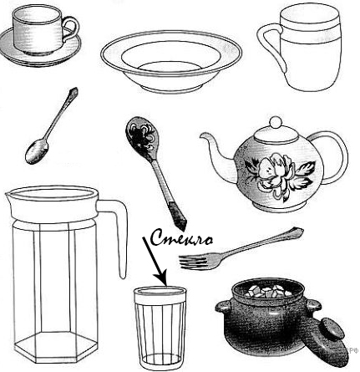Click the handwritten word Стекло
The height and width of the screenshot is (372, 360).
pos(182,238)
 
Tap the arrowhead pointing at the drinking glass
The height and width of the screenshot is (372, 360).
pos(161,279)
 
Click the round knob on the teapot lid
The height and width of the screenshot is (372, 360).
pos(276,122)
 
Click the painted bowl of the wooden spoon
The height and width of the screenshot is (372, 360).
pos(140,136)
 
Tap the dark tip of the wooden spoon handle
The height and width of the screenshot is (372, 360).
pos(177,216)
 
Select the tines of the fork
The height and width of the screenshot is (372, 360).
pos(195,262)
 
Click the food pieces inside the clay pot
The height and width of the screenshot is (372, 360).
pos(267,292)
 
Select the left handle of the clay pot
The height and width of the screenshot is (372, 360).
pos(224,306)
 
